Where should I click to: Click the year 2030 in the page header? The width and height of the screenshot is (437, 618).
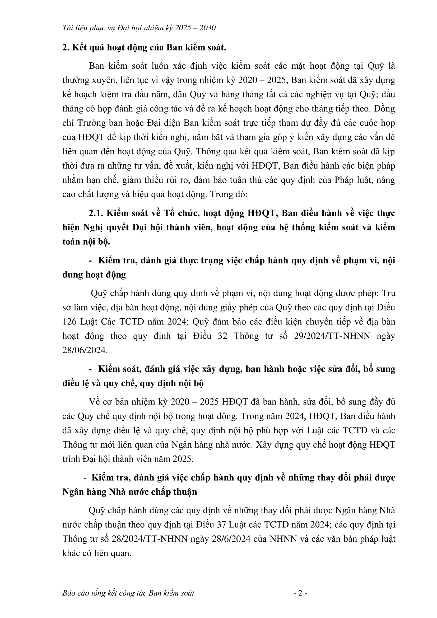coord(207,28)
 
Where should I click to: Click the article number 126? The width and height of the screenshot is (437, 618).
coord(70,322)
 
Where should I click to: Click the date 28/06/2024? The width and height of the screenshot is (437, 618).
coord(85,350)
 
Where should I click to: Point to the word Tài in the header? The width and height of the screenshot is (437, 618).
coord(67,28)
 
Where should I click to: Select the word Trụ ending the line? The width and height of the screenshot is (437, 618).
coord(388,293)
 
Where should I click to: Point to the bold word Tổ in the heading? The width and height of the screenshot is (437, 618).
coord(169,213)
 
